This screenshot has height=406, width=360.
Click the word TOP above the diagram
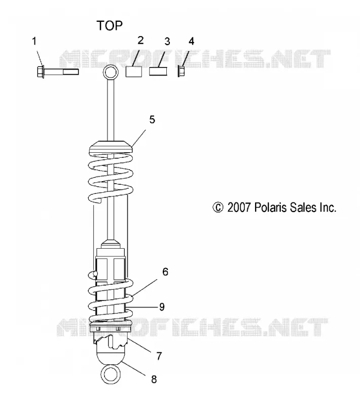[x=110, y=26]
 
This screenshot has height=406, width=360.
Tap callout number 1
[x=34, y=41]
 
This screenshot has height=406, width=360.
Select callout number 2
[x=140, y=41]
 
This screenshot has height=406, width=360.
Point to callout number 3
[x=167, y=42]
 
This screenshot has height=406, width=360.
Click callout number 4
[x=191, y=41]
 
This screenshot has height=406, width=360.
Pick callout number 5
[x=152, y=120]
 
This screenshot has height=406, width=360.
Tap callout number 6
[x=165, y=272]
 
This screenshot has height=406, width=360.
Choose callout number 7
[x=159, y=356]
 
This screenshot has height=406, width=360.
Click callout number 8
[x=154, y=379]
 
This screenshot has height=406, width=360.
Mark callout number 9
[x=162, y=307]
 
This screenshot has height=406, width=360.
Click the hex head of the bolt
[x=40, y=72]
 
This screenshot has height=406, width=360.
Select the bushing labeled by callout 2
[x=134, y=72]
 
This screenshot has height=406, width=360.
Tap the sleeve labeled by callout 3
[x=158, y=72]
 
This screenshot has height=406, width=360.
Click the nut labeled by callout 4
[x=181, y=72]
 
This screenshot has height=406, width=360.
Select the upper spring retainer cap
[x=111, y=147]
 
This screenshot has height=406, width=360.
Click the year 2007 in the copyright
[x=239, y=208]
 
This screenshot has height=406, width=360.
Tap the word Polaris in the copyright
[x=270, y=208]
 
